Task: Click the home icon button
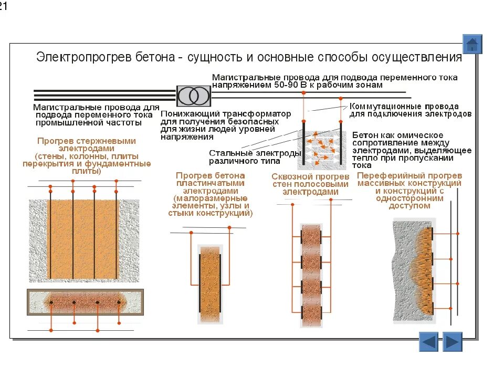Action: (472, 44)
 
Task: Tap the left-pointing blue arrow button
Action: (429, 342)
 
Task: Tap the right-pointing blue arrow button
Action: (452, 342)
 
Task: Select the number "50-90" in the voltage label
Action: (286, 85)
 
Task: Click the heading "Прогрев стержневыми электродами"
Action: (87, 145)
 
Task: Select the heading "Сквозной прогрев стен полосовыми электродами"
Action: (310, 184)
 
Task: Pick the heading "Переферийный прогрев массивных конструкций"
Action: (409, 179)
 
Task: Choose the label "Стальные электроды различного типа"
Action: (255, 156)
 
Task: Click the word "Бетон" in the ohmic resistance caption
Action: (364, 135)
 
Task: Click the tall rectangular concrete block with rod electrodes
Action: (83, 239)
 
